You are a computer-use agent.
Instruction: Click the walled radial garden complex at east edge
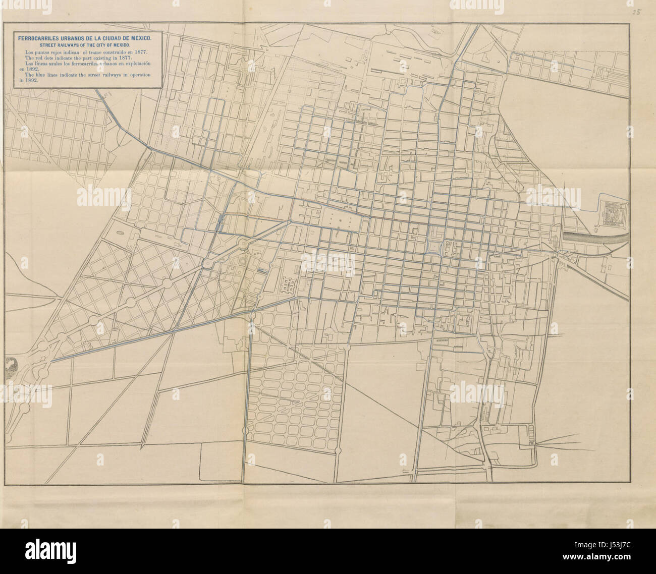pos(612,211)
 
